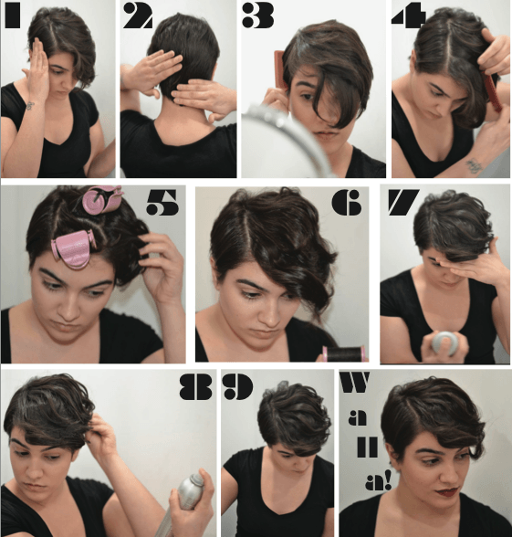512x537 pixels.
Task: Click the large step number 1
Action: point(13,16)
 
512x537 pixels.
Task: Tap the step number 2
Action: point(138,16)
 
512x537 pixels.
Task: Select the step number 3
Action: point(258,16)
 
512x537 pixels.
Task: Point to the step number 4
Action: point(409,15)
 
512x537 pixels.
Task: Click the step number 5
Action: point(162,203)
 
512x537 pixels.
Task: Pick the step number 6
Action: point(347,203)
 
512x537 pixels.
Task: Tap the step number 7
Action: point(403,203)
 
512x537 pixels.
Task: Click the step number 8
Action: point(195,386)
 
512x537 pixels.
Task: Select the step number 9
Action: point(239,386)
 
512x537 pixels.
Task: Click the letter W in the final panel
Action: point(355,382)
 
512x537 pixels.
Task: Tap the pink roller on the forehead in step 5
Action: point(73,248)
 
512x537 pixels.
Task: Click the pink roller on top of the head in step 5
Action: point(101,199)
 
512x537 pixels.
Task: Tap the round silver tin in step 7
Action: point(444,342)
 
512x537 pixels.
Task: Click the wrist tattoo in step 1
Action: point(30,106)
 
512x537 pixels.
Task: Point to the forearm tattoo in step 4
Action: point(475,165)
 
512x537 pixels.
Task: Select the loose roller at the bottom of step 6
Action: point(343,353)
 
